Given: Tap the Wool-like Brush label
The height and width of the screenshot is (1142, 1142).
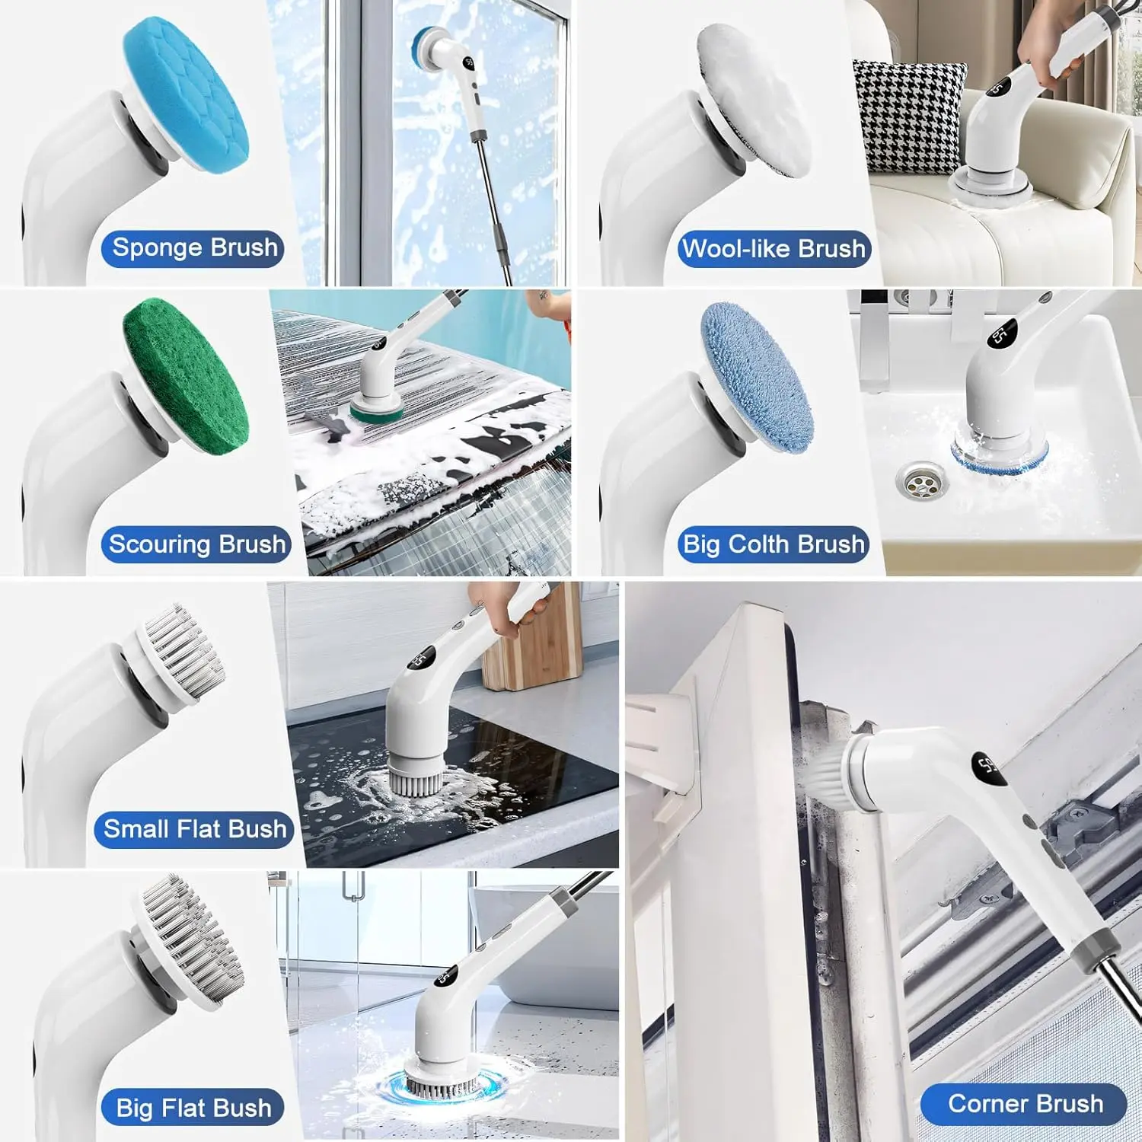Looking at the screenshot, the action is (774, 249).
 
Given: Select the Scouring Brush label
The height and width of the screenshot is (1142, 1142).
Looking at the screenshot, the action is (196, 544).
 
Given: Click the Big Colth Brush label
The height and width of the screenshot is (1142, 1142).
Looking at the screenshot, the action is (774, 544).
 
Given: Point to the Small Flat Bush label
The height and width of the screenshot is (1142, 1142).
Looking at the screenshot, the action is (194, 829).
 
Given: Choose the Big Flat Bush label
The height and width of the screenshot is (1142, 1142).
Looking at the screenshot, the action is (193, 1108).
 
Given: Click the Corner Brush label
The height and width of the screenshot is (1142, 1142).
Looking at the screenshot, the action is (1024, 1104).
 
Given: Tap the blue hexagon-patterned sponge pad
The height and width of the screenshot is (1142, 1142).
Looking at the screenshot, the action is (186, 90).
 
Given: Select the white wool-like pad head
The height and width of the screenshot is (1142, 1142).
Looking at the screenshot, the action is (754, 99).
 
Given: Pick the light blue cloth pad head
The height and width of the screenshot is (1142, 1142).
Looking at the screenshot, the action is (757, 378).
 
